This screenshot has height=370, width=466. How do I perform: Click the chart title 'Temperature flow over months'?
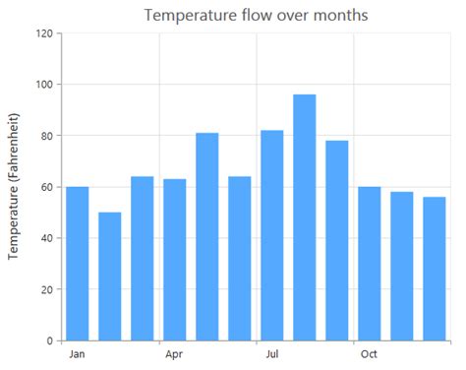point(256,15)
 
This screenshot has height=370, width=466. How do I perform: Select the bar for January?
point(78,264)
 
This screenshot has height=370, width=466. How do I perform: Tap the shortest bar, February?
point(110,277)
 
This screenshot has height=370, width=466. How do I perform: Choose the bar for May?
point(207,236)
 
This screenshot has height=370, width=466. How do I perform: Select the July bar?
point(272,235)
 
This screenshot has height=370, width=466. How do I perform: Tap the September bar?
point(337,240)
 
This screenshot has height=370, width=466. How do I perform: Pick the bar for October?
point(370,264)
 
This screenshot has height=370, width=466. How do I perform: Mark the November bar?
point(402,266)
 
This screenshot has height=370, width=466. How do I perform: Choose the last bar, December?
point(435,269)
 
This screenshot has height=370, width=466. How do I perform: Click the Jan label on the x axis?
point(78,354)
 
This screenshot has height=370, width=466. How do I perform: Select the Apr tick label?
point(175,354)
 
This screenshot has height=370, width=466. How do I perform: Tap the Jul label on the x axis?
point(272,354)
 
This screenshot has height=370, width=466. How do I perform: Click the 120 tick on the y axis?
point(43,33)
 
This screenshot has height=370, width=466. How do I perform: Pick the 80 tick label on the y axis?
point(46,136)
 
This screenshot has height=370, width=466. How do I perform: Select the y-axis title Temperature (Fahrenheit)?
point(15,187)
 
